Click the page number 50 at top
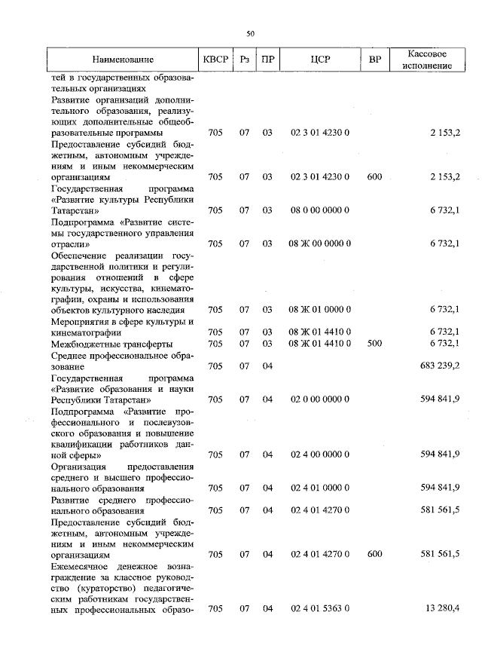(251, 33)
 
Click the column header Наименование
(124, 60)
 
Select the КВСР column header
(215, 60)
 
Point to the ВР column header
(374, 60)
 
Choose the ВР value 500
(374, 343)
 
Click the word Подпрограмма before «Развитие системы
(82, 222)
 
